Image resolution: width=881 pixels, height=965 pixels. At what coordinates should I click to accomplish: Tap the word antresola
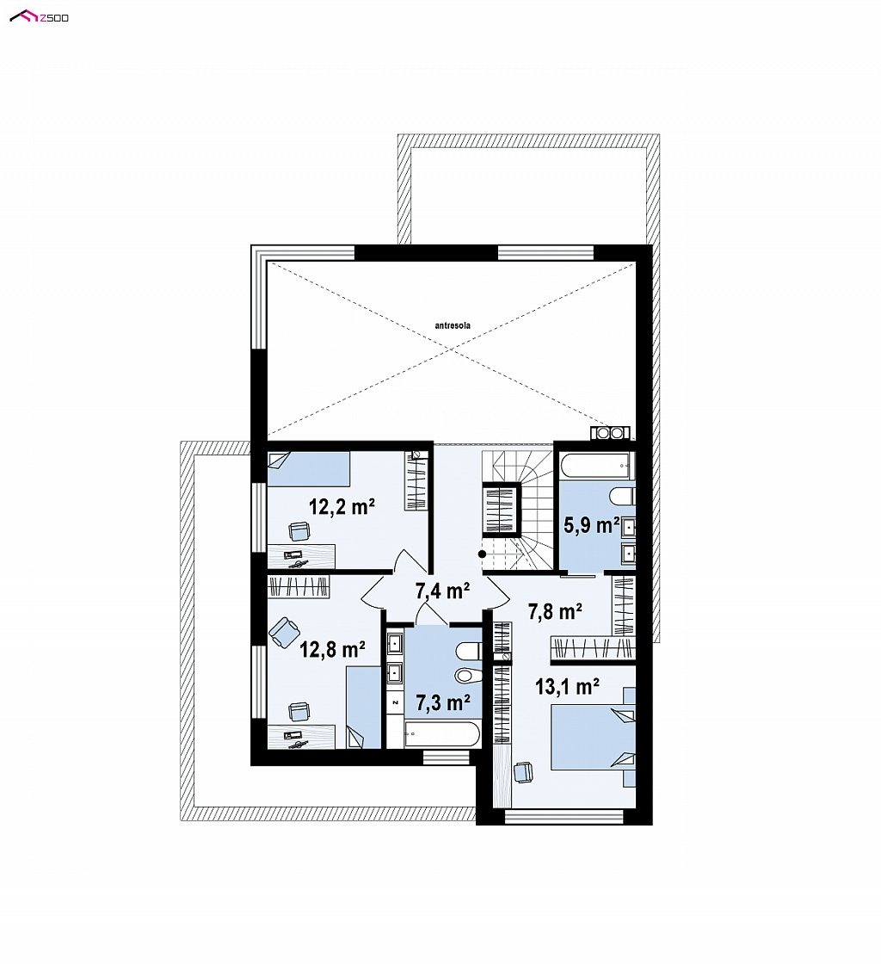pos(453,325)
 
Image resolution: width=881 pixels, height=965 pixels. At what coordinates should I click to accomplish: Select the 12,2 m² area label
pos(342,506)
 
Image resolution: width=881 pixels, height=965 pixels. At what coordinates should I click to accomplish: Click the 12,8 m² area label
pos(332,649)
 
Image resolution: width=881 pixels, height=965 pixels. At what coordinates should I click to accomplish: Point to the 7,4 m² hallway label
pos(443,591)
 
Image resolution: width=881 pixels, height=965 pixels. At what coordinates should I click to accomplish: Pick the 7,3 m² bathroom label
pos(443,702)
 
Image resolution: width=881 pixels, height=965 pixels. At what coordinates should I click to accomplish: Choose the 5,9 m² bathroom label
pos(592,525)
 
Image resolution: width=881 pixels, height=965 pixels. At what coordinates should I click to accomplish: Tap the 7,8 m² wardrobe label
pos(556,611)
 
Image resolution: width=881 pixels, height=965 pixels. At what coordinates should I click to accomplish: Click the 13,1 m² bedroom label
pos(567,685)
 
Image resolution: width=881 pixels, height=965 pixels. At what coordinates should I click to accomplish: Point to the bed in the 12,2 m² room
pos(309,469)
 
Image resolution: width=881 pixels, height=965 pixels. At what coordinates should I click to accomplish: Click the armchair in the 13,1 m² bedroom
pos(522,772)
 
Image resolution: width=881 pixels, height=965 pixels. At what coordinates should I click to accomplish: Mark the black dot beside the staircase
pos(483,554)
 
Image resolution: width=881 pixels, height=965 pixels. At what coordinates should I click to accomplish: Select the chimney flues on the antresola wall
pos(610,433)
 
